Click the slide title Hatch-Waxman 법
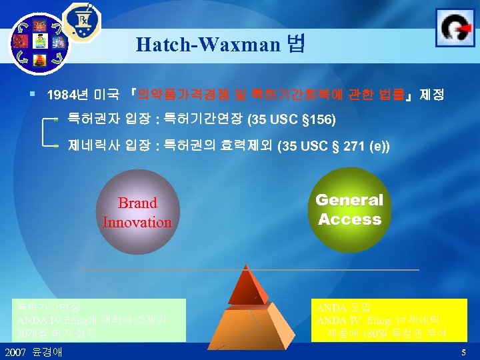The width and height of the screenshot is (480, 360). [220, 45]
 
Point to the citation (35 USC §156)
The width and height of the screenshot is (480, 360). [291, 121]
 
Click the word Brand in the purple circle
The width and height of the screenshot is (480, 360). [137, 203]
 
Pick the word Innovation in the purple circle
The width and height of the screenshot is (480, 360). [137, 222]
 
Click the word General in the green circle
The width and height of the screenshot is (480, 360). [349, 200]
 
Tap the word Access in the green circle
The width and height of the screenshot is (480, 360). [349, 219]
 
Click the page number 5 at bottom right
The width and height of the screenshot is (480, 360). [463, 351]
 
